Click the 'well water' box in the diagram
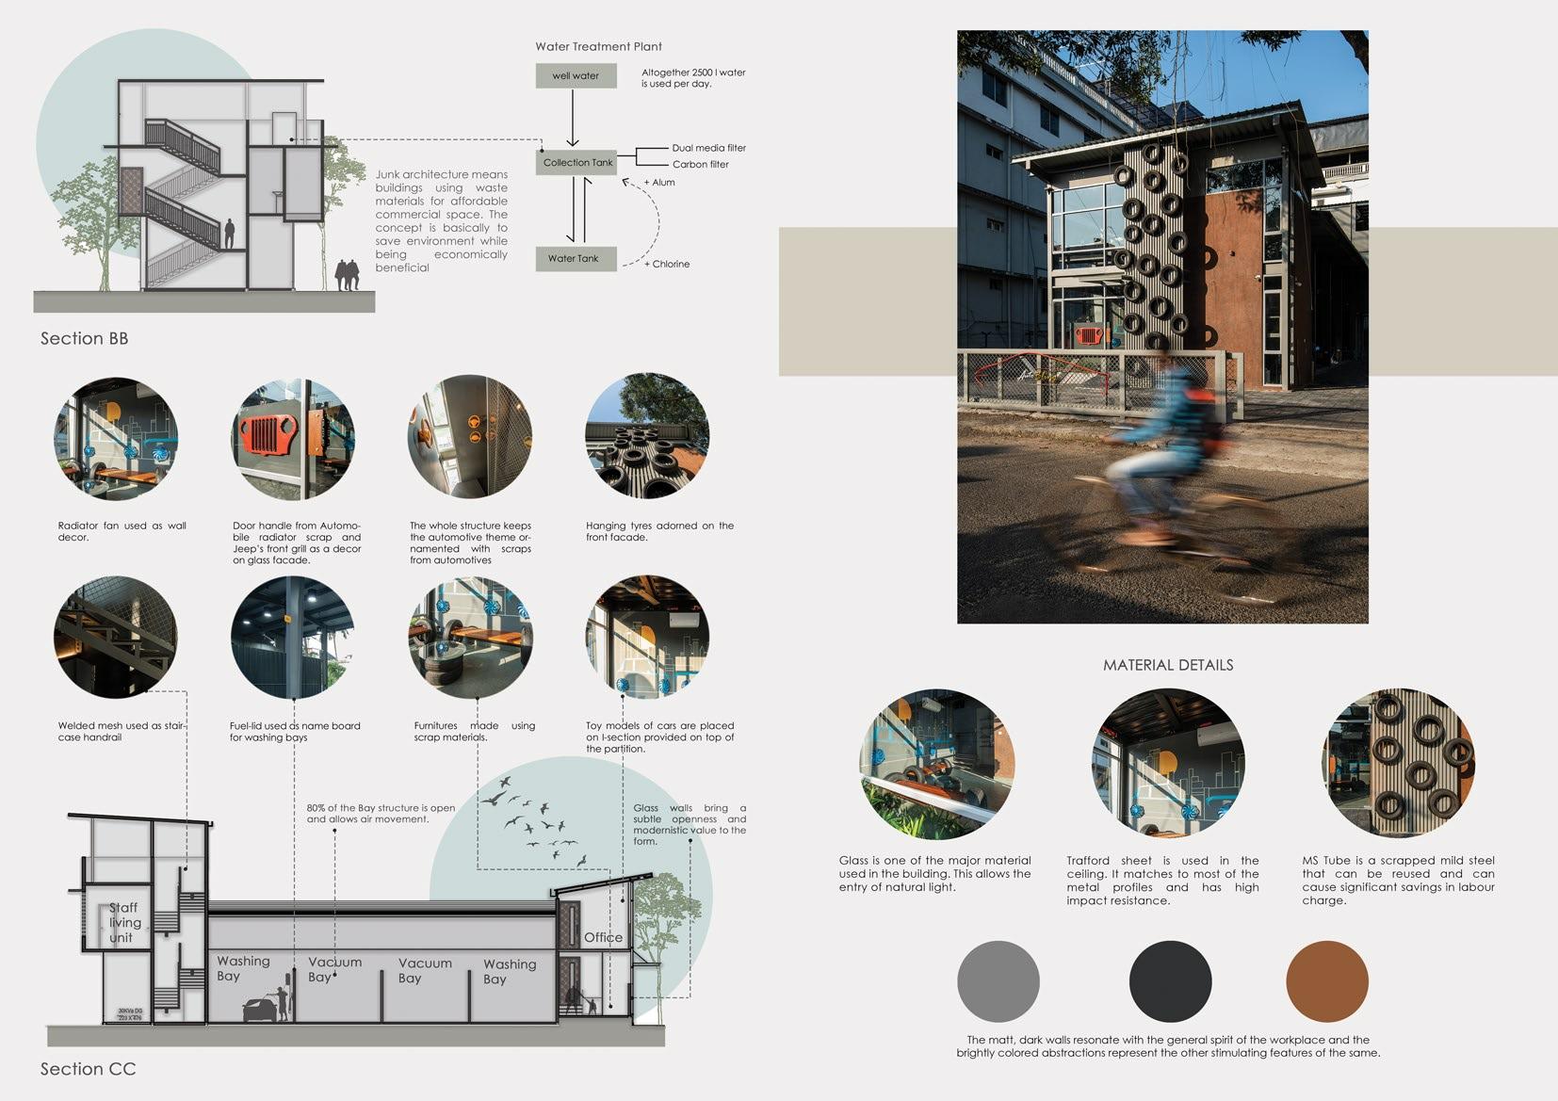[x=576, y=75]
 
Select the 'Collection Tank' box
[x=577, y=162]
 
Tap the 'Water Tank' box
[x=575, y=258]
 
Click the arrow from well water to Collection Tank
[x=573, y=118]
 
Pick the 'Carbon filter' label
[x=700, y=164]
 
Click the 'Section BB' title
[x=84, y=338]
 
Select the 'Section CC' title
[x=88, y=1069]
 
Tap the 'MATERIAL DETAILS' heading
[x=1168, y=665]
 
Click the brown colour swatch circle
[x=1326, y=981]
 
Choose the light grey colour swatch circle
[x=998, y=981]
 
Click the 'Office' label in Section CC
[x=603, y=937]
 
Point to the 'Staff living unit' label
[x=122, y=923]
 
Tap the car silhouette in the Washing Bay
[x=261, y=1010]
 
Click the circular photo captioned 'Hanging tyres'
[x=647, y=436]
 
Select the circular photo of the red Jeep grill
[x=293, y=439]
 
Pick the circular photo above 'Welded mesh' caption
[x=115, y=637]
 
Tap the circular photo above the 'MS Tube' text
[x=1398, y=763]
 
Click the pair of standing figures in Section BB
[x=347, y=275]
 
